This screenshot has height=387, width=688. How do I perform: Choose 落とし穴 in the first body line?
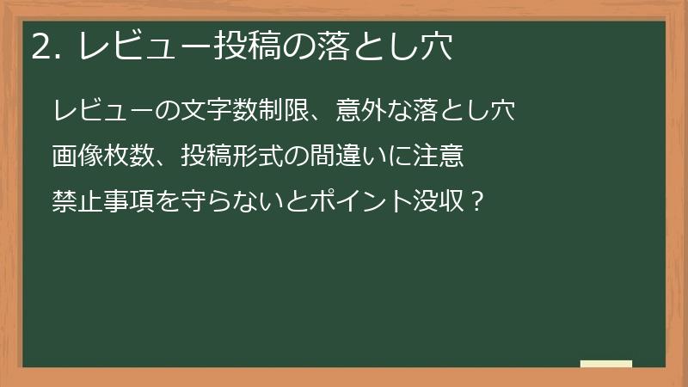click(x=466, y=112)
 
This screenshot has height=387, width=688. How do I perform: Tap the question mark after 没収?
click(x=479, y=204)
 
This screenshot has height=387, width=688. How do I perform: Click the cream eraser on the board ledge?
click(x=606, y=364)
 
